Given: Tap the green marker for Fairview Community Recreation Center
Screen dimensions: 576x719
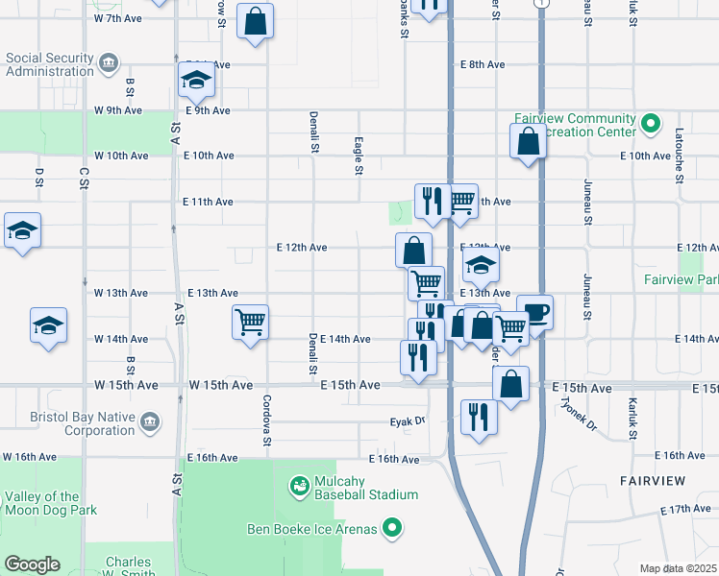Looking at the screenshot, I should [651, 124].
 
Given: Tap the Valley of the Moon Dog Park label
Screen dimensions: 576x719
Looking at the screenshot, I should [50, 503].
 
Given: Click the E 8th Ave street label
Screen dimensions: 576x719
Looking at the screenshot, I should [483, 64].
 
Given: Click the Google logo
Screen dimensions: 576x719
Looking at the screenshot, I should [33, 564].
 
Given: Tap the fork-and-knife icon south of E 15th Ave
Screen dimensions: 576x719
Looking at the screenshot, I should [478, 418].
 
